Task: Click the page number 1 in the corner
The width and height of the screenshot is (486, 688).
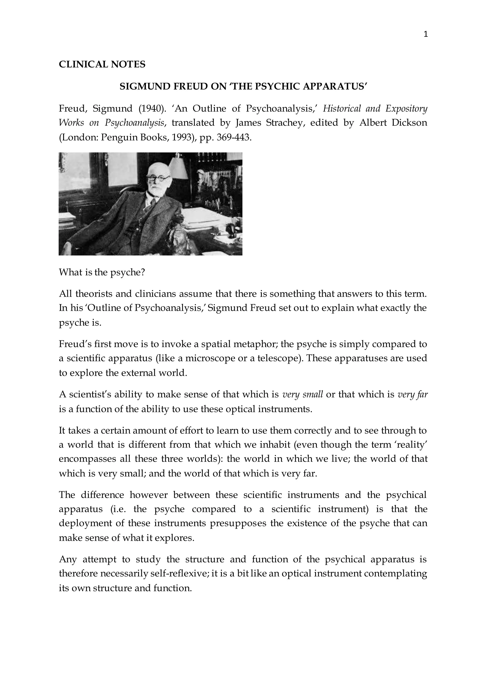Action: (x=426, y=34)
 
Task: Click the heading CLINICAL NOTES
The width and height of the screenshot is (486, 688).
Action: (x=102, y=64)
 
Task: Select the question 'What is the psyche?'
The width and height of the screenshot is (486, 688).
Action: (x=102, y=272)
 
